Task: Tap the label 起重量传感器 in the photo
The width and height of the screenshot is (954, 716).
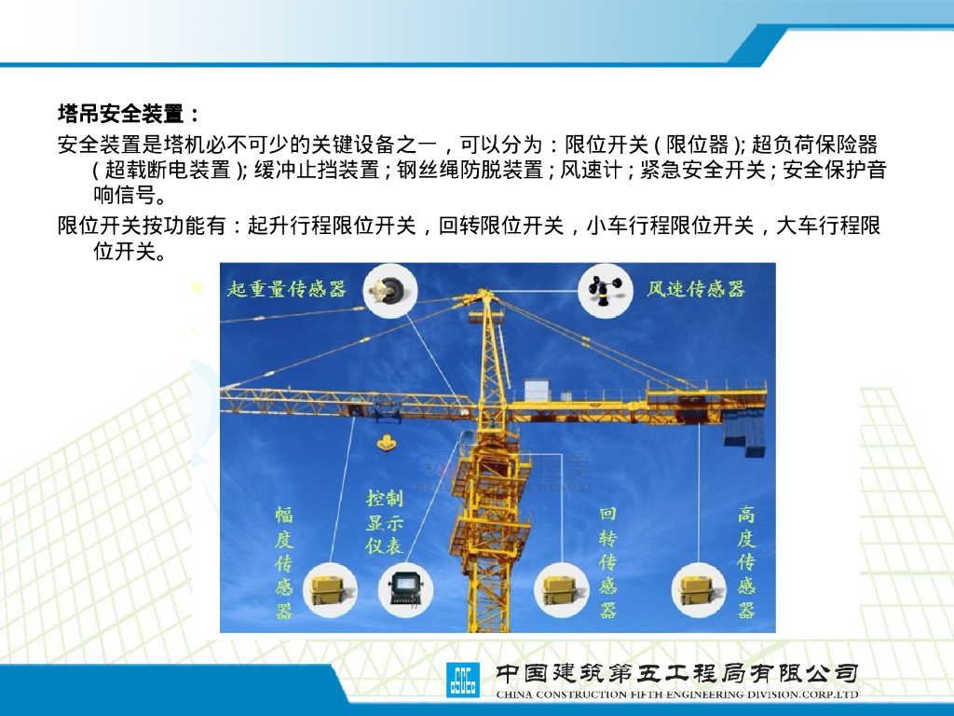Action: click(286, 288)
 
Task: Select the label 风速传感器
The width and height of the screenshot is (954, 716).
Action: click(696, 288)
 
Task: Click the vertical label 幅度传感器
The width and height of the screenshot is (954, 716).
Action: click(284, 562)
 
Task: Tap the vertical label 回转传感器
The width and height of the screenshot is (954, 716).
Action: click(607, 562)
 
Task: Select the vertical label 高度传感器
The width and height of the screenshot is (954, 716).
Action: click(746, 562)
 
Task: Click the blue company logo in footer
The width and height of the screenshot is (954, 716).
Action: click(462, 679)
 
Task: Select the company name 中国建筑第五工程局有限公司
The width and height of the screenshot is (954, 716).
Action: click(676, 672)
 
